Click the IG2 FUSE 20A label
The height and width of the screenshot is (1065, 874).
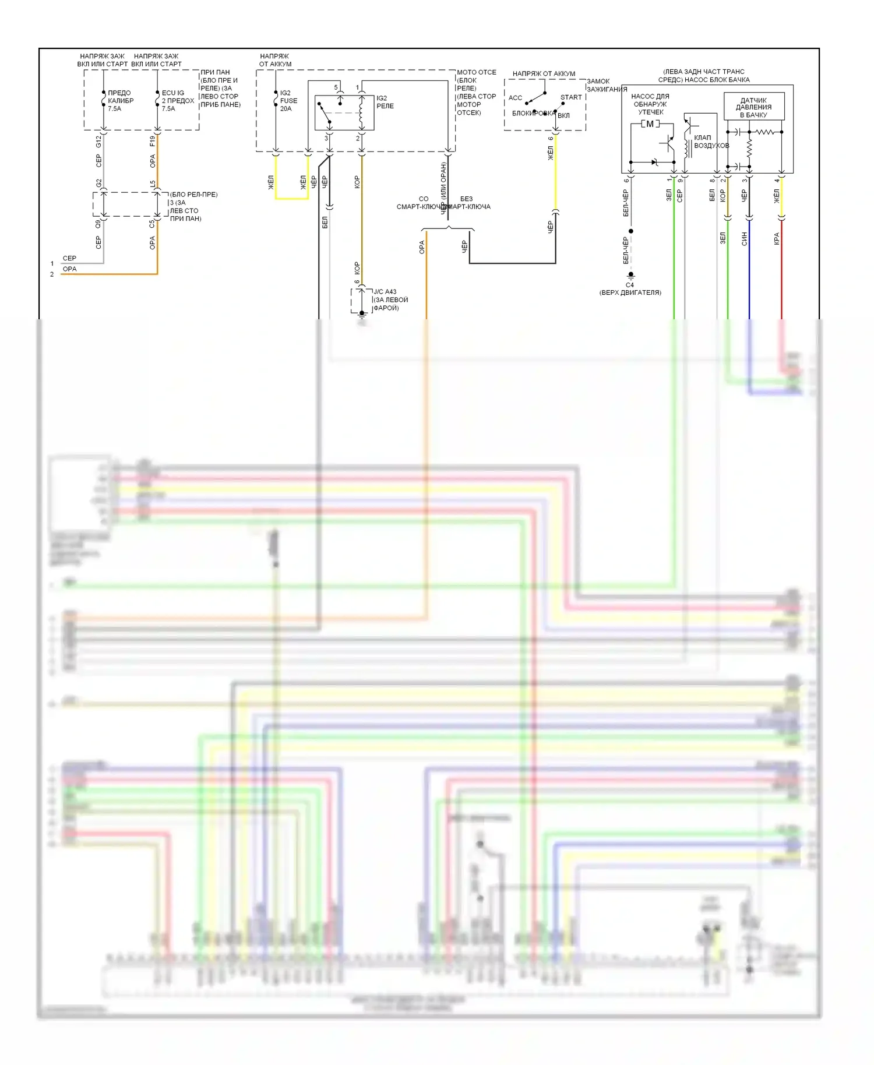[288, 101]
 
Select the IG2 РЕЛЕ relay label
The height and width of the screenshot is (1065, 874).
[385, 102]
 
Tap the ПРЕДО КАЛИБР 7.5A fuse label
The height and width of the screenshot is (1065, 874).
[120, 101]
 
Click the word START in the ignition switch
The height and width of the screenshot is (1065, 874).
[570, 97]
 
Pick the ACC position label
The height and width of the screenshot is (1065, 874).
[515, 98]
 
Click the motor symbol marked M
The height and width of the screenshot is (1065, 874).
[650, 124]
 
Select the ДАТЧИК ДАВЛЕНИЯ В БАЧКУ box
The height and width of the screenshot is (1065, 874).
[753, 107]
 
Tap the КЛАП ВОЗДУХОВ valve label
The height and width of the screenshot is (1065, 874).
[711, 142]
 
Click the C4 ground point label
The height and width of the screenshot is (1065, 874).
[630, 285]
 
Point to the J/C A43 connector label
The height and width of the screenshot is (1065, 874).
[385, 292]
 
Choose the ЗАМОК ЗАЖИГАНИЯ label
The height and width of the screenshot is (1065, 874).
[607, 85]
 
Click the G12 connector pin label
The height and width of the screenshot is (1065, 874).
[98, 142]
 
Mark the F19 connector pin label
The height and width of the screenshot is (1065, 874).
[152, 141]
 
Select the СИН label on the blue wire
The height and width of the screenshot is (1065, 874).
[744, 239]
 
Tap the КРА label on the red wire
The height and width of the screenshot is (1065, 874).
[776, 239]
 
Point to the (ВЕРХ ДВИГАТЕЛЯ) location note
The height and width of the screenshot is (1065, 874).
[630, 292]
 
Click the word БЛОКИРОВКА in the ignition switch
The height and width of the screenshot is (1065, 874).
[533, 113]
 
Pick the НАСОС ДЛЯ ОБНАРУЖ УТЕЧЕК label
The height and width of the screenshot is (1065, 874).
[650, 104]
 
